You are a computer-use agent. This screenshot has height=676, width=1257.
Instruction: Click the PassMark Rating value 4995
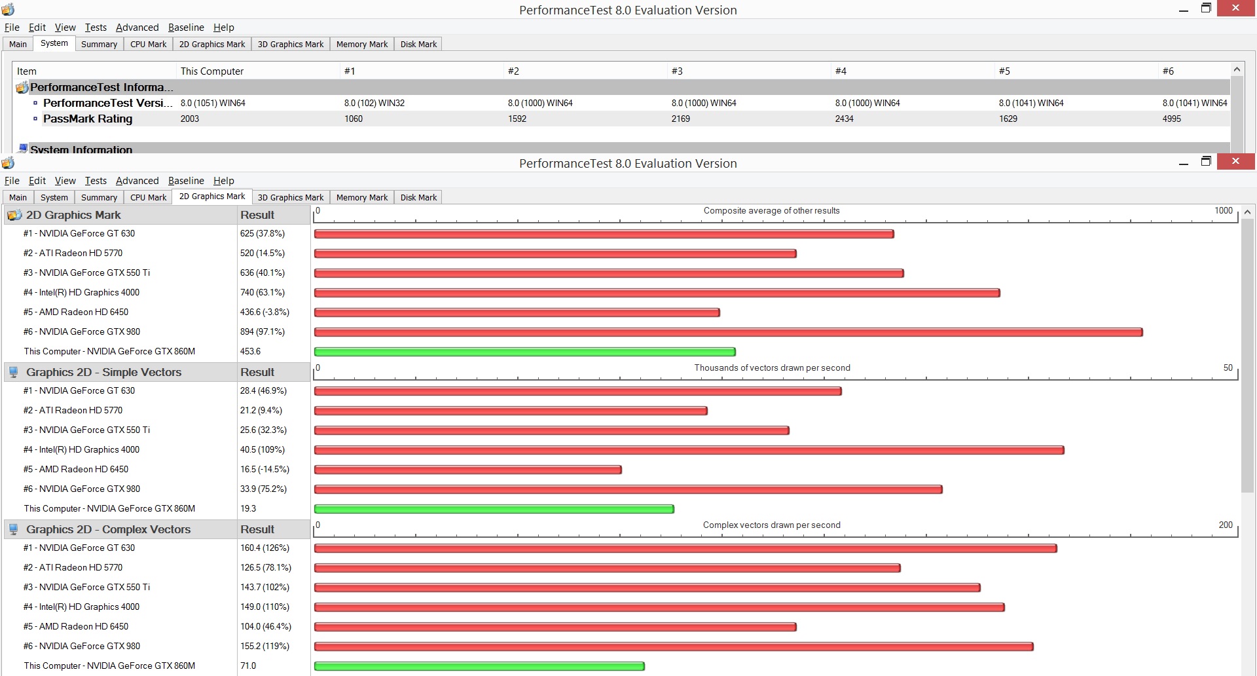coord(1171,119)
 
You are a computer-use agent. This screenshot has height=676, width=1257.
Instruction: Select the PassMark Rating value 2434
coord(844,119)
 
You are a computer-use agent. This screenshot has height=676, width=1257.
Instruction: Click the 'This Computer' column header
coord(212,71)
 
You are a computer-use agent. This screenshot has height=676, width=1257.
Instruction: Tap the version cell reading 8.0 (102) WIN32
coord(374,103)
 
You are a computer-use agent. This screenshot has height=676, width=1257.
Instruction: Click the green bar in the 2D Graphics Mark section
coord(525,352)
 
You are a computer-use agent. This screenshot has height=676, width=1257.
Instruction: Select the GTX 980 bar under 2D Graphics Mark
coord(729,332)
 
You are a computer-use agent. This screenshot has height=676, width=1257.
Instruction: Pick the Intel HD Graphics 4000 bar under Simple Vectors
coord(689,450)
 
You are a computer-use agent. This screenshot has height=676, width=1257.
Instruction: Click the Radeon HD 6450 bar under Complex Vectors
coord(555,627)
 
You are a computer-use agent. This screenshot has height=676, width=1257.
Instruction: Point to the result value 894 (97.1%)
coord(263,331)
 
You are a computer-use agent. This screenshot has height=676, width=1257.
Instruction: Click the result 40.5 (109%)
coord(263,449)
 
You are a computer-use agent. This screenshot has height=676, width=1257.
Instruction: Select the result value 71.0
coord(248,666)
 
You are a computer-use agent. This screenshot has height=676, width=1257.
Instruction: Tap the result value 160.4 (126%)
coord(264,548)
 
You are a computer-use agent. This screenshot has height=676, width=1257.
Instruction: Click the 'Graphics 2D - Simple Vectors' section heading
coord(103,372)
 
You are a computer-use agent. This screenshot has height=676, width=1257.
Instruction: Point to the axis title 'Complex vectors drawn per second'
coord(772,525)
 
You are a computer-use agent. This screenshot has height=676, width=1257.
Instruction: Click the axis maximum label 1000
coord(1224,210)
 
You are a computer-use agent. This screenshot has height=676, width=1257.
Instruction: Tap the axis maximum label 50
coord(1228,367)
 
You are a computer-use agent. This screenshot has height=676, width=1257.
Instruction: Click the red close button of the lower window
coord(1235,161)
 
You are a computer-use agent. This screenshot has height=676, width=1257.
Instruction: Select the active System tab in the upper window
coord(54,43)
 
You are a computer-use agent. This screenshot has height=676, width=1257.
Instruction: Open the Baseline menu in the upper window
coord(186,28)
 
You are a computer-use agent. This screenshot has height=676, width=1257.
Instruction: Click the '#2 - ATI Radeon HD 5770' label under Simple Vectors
coord(73,410)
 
